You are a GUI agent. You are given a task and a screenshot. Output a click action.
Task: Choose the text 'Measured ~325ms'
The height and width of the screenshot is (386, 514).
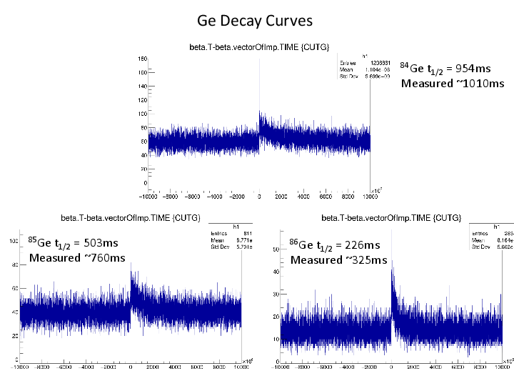(339, 259)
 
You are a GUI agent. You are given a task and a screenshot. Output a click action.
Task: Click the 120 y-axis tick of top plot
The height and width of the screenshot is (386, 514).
(142, 113)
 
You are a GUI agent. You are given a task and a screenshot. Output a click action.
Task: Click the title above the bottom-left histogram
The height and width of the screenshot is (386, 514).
(130, 217)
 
